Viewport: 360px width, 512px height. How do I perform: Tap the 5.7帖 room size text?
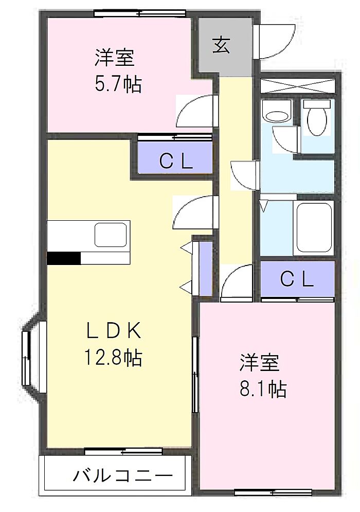click(x=118, y=85)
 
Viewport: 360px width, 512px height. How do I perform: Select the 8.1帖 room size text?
click(x=263, y=389)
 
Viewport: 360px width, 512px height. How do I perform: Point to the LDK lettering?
click(x=114, y=330)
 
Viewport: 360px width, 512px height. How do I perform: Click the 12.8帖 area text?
click(x=113, y=357)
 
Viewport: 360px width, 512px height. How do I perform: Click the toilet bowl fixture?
click(x=317, y=118)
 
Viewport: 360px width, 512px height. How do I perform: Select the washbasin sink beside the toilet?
click(x=277, y=111)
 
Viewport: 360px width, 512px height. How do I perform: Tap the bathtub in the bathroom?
click(x=314, y=227)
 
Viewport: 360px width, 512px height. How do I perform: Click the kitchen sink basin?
click(x=111, y=235)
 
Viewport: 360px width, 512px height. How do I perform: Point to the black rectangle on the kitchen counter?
click(x=64, y=258)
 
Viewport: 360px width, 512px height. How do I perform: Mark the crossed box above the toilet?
click(x=298, y=85)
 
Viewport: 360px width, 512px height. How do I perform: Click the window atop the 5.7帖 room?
click(x=140, y=13)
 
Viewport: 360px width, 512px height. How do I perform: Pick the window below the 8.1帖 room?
click(x=273, y=492)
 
